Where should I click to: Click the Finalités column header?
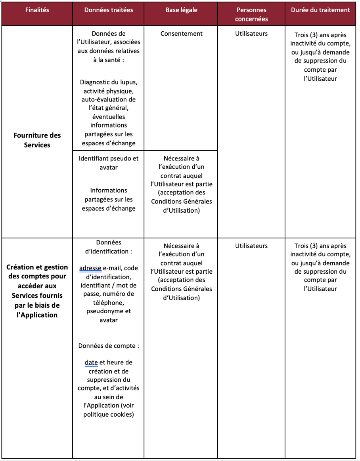click(37, 10)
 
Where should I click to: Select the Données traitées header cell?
click(109, 10)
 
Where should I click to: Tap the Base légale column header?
click(181, 10)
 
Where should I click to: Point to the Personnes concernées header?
click(251, 14)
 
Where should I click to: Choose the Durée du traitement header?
click(320, 10)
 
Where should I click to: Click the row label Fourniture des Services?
click(37, 140)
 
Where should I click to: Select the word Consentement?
click(181, 34)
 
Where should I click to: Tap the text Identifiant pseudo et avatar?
click(109, 163)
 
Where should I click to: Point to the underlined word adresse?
click(90, 268)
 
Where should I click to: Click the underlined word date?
click(91, 362)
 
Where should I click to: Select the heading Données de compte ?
click(109, 346)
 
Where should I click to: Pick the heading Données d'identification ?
click(109, 247)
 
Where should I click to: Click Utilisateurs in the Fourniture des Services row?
click(251, 34)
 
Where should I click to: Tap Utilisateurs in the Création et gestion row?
click(251, 246)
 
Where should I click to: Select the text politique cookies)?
click(109, 415)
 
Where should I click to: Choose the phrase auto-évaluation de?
click(109, 99)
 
